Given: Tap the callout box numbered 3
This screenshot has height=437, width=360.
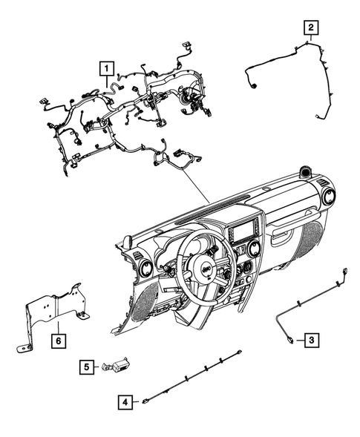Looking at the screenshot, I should tap(311, 340).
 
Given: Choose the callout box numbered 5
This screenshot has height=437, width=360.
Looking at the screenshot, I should tap(88, 366).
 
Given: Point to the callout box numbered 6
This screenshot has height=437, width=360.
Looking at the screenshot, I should tap(56, 341).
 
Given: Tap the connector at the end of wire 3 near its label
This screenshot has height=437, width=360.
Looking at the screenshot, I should tap(288, 340).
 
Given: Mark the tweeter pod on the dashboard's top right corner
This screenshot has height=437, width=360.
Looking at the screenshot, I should tap(304, 174).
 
